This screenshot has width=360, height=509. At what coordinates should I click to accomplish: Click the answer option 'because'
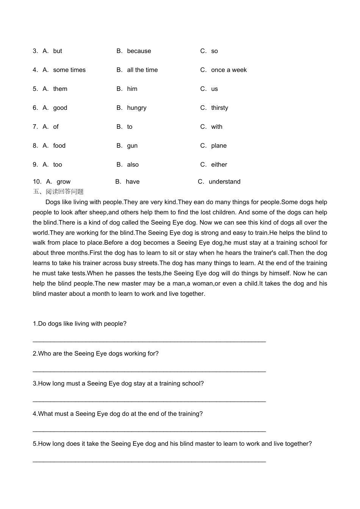(x=139, y=51)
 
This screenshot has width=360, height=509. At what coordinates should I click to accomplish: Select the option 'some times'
(x=69, y=70)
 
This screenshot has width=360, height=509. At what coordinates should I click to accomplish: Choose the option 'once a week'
(x=229, y=70)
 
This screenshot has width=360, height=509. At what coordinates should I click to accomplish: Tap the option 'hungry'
(x=136, y=108)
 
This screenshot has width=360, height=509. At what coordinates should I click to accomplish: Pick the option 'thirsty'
(x=219, y=108)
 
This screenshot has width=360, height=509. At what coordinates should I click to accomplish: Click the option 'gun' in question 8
(x=132, y=146)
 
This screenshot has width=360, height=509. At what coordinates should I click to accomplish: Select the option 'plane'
(x=219, y=146)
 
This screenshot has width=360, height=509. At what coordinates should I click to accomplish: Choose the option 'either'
(x=219, y=165)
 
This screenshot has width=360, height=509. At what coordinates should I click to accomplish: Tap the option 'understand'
(x=224, y=182)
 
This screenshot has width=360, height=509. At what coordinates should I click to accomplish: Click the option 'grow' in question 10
(x=64, y=182)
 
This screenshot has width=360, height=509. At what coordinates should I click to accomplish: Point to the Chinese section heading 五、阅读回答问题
(x=58, y=192)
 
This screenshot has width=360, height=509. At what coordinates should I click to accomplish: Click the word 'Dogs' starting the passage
(x=52, y=202)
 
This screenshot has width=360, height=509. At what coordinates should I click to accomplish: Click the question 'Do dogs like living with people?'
(x=80, y=324)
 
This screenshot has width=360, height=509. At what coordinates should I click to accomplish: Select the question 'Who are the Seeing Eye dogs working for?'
(x=95, y=354)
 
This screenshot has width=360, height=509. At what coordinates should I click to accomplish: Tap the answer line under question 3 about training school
(x=149, y=400)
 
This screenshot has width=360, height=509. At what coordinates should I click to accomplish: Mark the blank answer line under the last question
(x=149, y=461)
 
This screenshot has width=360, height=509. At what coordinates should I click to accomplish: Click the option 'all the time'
(x=142, y=70)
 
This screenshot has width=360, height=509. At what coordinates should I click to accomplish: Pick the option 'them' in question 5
(x=60, y=89)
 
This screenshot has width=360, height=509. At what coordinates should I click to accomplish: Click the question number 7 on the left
(x=35, y=127)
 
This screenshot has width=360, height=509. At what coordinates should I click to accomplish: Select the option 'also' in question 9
(x=133, y=165)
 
